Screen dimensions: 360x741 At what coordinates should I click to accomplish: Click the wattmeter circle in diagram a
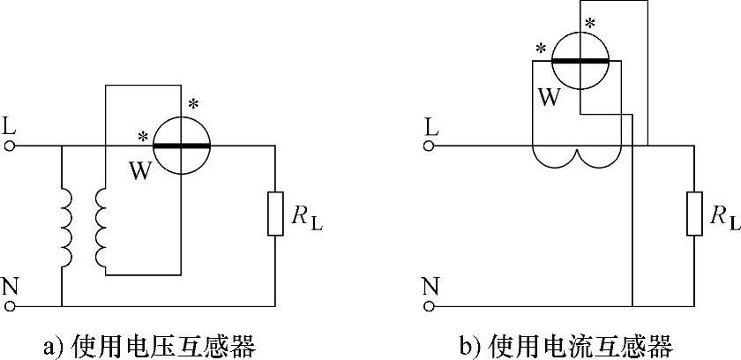coord(181,145)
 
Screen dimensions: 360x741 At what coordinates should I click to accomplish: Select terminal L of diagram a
coord(11,146)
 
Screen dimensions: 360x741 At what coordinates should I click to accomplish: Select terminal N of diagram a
coord(11,305)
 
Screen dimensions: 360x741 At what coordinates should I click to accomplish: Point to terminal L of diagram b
coord(430,146)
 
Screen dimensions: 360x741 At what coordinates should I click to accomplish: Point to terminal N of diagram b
coord(430,305)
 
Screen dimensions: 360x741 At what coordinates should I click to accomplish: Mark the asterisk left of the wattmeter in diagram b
coord(539,48)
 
